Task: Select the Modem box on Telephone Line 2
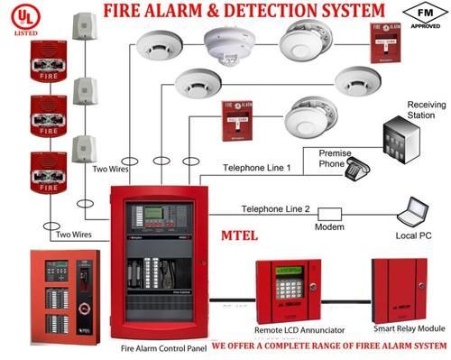330,215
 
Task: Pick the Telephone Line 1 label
259,168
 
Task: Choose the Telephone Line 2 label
275,208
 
